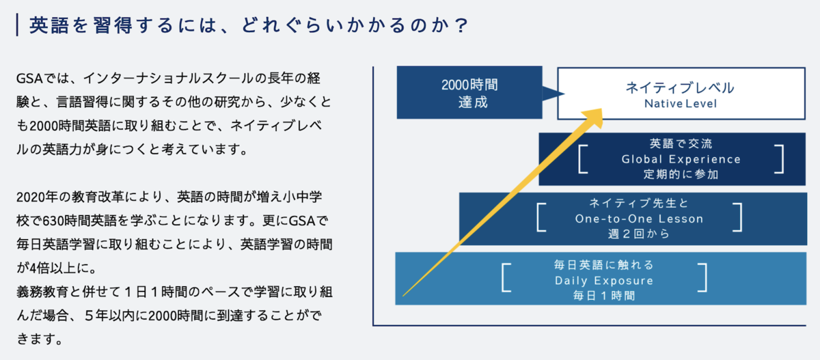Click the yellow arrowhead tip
pyautogui.click(x=601, y=109)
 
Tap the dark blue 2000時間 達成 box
pyautogui.click(x=469, y=92)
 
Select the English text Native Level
pyautogui.click(x=681, y=104)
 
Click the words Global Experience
pyautogui.click(x=681, y=159)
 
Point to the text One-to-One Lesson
pyautogui.click(x=639, y=219)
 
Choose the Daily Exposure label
pyautogui.click(x=604, y=281)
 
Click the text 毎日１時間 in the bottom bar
pyautogui.click(x=604, y=295)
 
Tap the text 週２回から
pyautogui.click(x=639, y=234)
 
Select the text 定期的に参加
pyautogui.click(x=681, y=174)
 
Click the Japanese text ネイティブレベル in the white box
pyautogui.click(x=680, y=88)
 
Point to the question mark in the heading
pyautogui.click(x=462, y=25)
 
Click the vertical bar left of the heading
pyautogui.click(x=17, y=25)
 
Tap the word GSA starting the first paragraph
pyautogui.click(x=29, y=79)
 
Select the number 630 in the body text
pyautogui.click(x=53, y=221)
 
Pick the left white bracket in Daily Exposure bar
pyautogui.click(x=506, y=277)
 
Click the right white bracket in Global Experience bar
pyautogui.click(x=780, y=158)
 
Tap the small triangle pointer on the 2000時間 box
pyautogui.click(x=553, y=94)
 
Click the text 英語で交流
pyautogui.click(x=681, y=143)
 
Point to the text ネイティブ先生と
pyautogui.click(x=639, y=203)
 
